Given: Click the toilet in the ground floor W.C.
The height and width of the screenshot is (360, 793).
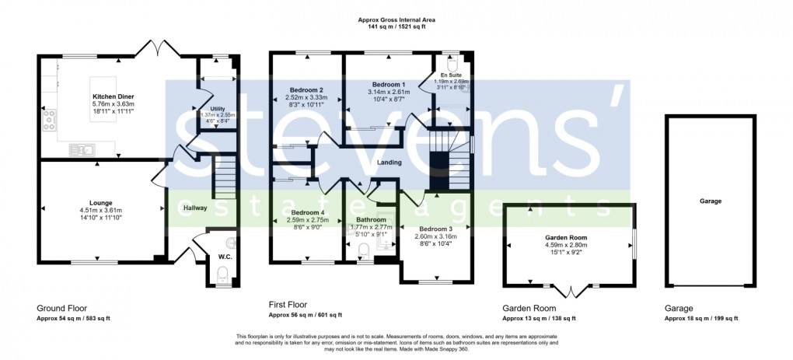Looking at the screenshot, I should pos(222,273).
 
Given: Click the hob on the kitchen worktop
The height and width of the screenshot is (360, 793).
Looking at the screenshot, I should pos(51,119).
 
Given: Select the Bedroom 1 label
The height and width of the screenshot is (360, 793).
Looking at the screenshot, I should pos(388,84).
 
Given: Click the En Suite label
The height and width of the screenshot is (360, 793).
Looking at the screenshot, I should pos(451,75).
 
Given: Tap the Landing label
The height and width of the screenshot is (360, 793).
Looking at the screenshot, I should pos(390,163).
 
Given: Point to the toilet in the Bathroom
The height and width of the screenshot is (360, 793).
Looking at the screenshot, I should pos(362,250).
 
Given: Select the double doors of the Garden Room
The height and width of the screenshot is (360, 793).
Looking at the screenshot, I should pos(571,292).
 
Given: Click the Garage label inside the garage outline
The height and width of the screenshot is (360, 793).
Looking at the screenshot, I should pos(710,201).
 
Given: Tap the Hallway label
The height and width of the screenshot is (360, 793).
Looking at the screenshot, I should pos(194,208).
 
